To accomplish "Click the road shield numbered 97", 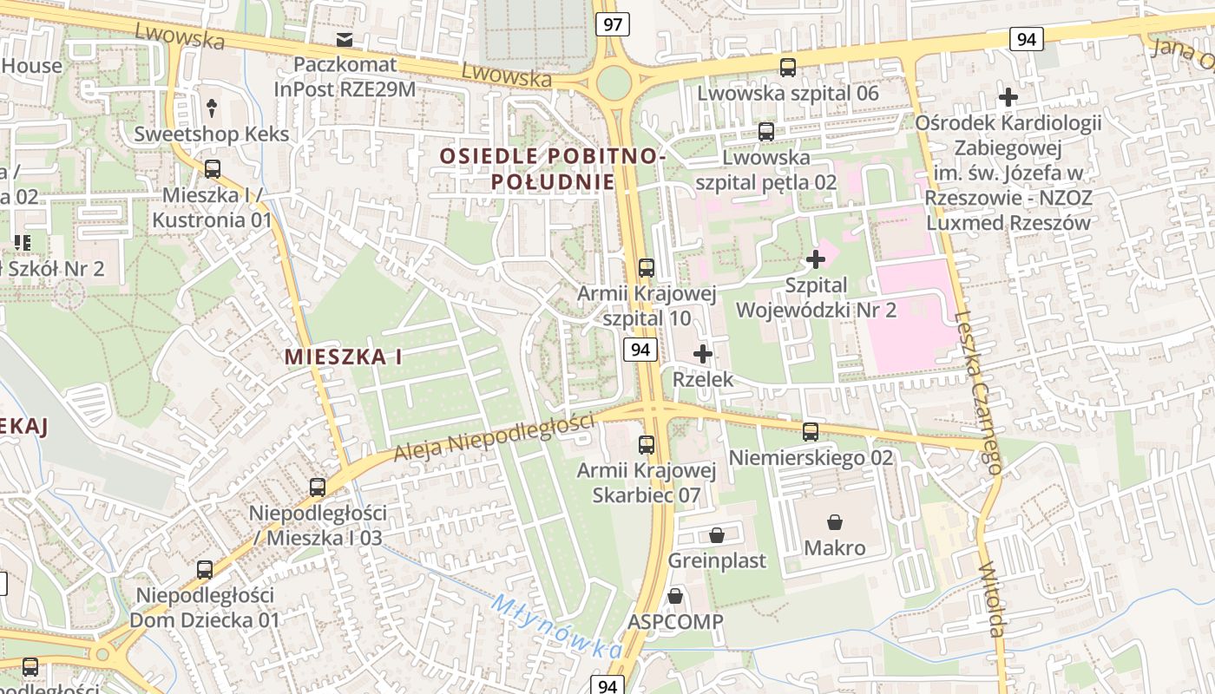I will pyautogui.click(x=613, y=24).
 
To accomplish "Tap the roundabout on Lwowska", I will pyautogui.click(x=614, y=82).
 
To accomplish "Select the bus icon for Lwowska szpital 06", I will pyautogui.click(x=788, y=67).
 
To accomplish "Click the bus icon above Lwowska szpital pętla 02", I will pyautogui.click(x=766, y=132).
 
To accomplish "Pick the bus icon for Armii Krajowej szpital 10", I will pyautogui.click(x=647, y=267).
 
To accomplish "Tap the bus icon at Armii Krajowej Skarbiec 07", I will pyautogui.click(x=647, y=445).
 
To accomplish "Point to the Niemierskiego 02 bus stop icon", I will pyautogui.click(x=811, y=431).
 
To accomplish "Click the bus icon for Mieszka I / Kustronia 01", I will pyautogui.click(x=213, y=169).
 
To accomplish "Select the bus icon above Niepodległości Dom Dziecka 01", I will pyautogui.click(x=205, y=570).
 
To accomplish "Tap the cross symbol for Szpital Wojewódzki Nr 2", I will pyautogui.click(x=816, y=259).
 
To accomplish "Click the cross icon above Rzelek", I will pyautogui.click(x=703, y=354).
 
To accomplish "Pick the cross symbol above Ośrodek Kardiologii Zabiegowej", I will pyautogui.click(x=1008, y=96).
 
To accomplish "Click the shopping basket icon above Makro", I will pyautogui.click(x=835, y=521).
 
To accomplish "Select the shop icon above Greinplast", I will pyautogui.click(x=717, y=534).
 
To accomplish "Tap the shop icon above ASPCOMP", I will pyautogui.click(x=675, y=596).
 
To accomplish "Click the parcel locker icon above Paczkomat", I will pyautogui.click(x=345, y=39).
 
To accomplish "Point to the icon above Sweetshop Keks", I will pyautogui.click(x=212, y=108).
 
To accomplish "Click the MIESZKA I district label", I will pyautogui.click(x=344, y=357).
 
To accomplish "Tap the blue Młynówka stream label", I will pyautogui.click(x=556, y=625).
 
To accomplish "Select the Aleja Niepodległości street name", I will pyautogui.click(x=494, y=436).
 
